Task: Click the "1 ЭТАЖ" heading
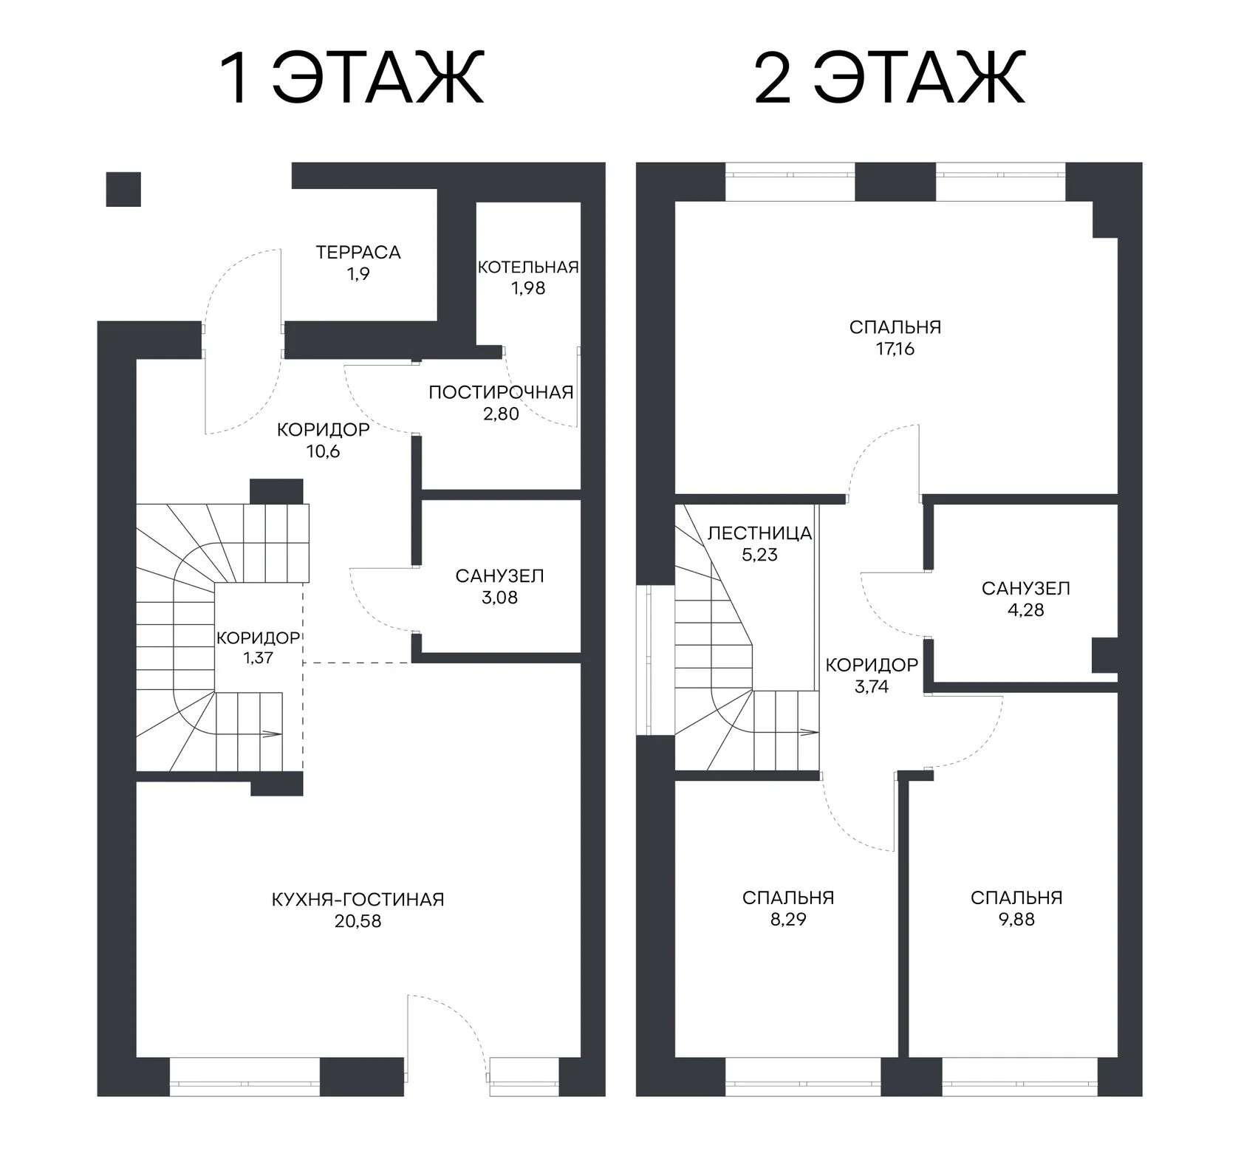pyautogui.click(x=353, y=78)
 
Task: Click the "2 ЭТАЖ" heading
pyautogui.click(x=889, y=78)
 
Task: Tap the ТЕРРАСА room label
pyautogui.click(x=358, y=253)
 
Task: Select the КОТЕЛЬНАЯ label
pyautogui.click(x=527, y=267)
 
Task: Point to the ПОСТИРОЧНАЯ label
pyautogui.click(x=501, y=392)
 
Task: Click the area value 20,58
pyautogui.click(x=358, y=921)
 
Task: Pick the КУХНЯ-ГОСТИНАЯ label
pyautogui.click(x=358, y=900)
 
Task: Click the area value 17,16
pyautogui.click(x=895, y=349)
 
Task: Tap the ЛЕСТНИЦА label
pyautogui.click(x=760, y=533)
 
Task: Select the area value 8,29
pyautogui.click(x=788, y=920)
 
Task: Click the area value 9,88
pyautogui.click(x=1016, y=920)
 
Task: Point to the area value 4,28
pyautogui.click(x=1026, y=610)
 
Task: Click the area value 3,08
pyautogui.click(x=500, y=598)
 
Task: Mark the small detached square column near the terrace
pyautogui.click(x=123, y=189)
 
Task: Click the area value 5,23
pyautogui.click(x=760, y=555)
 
